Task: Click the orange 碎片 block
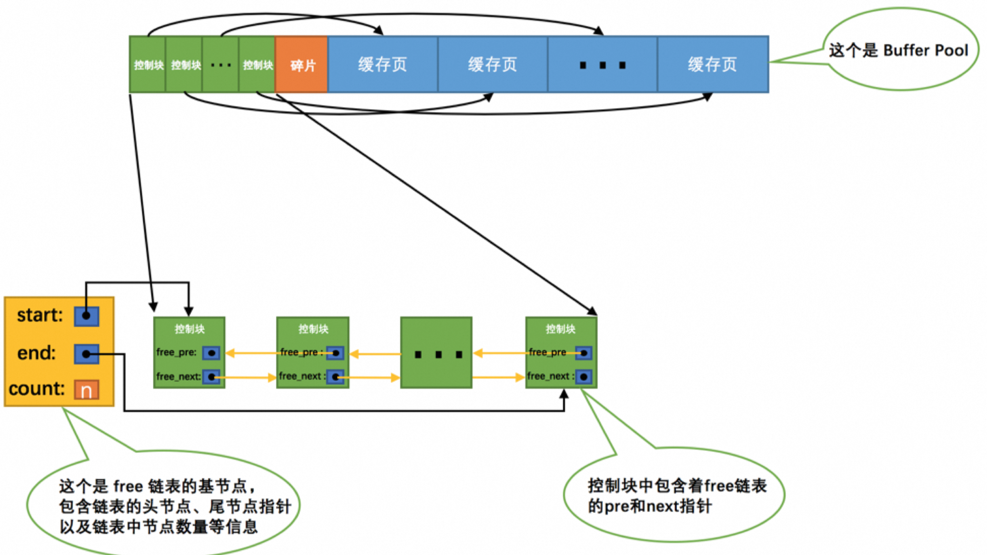click(x=302, y=65)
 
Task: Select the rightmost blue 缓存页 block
click(x=713, y=65)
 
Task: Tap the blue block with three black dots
click(x=603, y=65)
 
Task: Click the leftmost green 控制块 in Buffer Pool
click(x=148, y=65)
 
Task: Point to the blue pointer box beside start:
click(x=87, y=316)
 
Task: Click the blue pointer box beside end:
click(x=87, y=354)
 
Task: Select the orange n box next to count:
click(x=87, y=390)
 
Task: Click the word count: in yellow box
click(x=37, y=389)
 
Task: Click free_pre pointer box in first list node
click(x=211, y=353)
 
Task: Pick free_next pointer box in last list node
click(x=584, y=377)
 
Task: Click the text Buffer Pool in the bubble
click(x=926, y=50)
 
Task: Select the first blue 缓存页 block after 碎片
click(x=383, y=65)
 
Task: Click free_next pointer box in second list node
click(x=335, y=377)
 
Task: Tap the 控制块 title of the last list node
click(x=561, y=329)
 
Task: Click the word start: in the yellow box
click(x=40, y=315)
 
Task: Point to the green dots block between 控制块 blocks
click(x=221, y=65)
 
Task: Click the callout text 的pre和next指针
click(x=650, y=506)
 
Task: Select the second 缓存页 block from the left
click(x=493, y=65)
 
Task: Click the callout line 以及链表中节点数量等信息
click(x=159, y=527)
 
